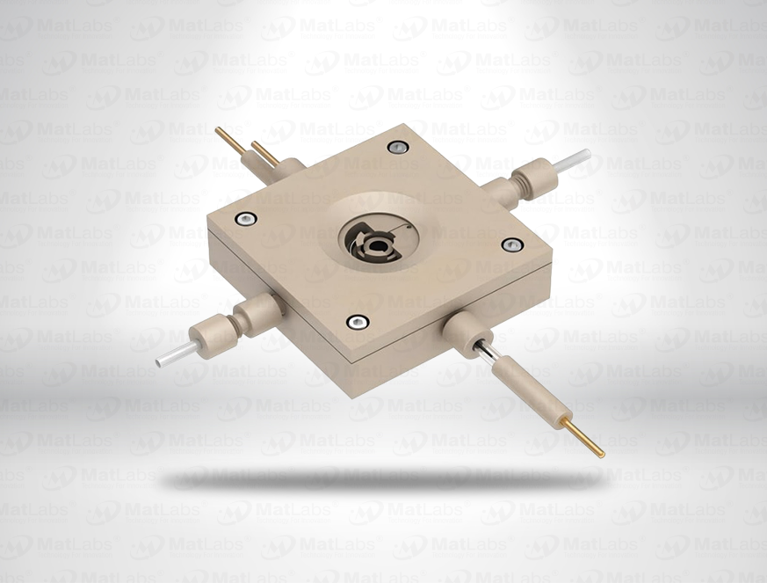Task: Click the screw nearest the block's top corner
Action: [398, 147]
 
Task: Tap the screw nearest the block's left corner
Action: [247, 218]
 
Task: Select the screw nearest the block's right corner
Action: [512, 244]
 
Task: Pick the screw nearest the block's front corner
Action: [358, 322]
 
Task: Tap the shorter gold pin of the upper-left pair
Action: [264, 151]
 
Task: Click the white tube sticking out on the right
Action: [572, 160]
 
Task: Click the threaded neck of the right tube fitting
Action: [516, 187]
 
